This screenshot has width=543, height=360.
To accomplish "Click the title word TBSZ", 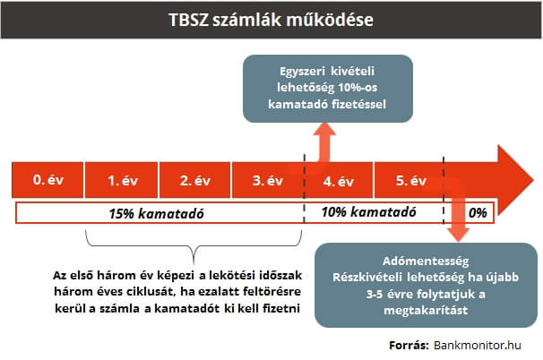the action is coord(189,20).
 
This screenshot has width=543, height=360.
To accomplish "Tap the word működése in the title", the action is coord(330,20).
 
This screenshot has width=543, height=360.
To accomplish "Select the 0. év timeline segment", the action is coord(47,180).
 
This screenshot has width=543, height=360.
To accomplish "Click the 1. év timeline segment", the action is coord(121,180).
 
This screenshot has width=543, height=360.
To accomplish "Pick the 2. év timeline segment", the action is coord(194,180).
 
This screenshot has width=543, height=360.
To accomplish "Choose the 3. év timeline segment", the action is coord(268,180).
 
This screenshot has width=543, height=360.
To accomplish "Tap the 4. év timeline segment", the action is coord(339,180).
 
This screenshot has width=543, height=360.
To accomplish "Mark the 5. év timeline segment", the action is coord(409,180).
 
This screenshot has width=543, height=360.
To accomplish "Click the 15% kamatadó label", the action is coord(156,213).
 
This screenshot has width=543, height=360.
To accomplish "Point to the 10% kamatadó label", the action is coord(369,212).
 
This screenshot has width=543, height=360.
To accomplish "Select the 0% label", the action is coord(478,212).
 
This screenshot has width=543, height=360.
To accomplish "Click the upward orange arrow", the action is coord(324,142).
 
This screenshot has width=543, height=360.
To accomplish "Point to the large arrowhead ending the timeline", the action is coord(515,180).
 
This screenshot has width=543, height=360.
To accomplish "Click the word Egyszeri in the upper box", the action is coord(302,72).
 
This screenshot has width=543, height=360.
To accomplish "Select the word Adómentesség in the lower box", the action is coord(426,261).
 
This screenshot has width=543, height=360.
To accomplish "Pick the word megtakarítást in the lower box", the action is coord(426,310).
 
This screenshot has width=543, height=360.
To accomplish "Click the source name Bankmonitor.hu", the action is coord(478,345).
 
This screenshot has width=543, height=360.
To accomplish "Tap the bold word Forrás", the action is coord(409,345).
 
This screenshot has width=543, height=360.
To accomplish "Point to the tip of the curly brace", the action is coord(194,264).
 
